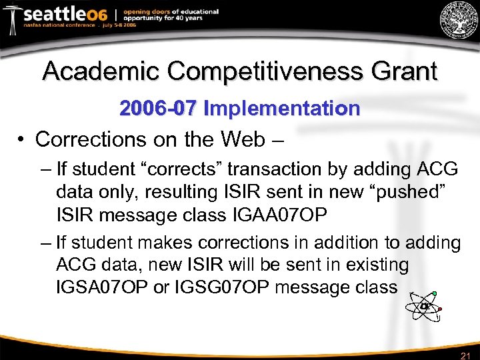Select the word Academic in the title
click(100, 71)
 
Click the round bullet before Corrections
click(22, 139)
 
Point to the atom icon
click(423, 307)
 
